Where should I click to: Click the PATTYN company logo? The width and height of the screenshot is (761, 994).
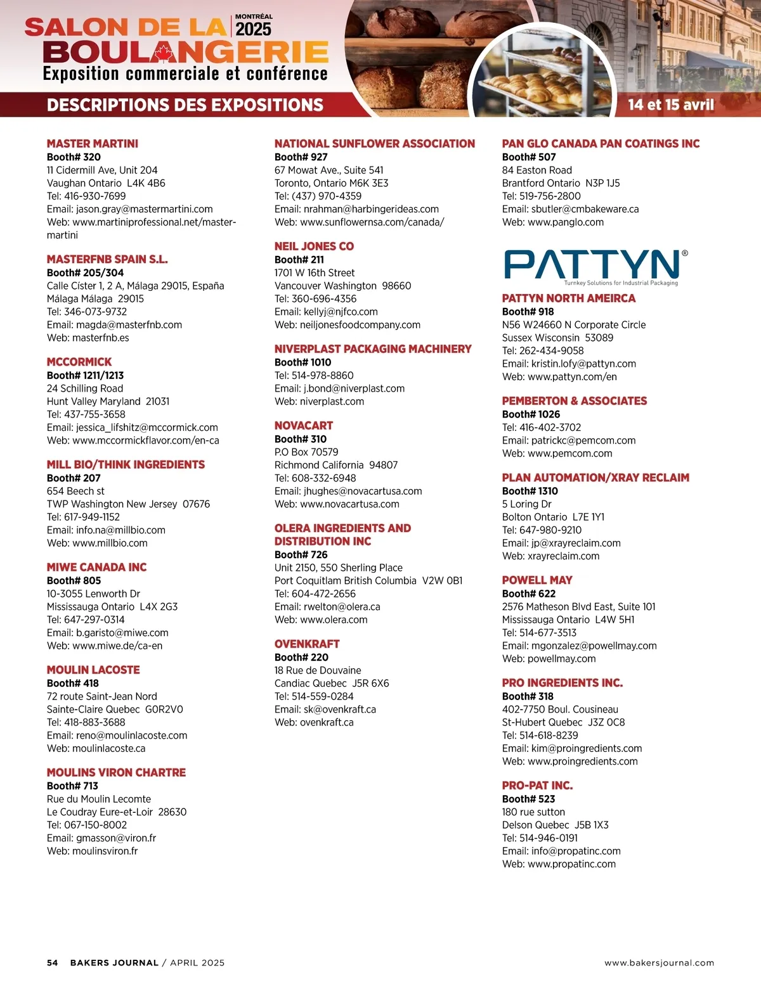click(x=595, y=266)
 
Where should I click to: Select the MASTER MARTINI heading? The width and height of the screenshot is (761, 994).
click(x=93, y=144)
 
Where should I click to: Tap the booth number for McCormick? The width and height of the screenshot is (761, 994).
click(x=85, y=375)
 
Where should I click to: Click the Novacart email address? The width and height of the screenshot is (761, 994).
click(x=348, y=491)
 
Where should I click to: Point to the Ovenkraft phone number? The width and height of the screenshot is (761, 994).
click(x=314, y=696)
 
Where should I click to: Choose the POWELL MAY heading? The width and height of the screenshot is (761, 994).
click(x=537, y=580)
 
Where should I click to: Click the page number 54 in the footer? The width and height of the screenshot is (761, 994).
click(x=52, y=963)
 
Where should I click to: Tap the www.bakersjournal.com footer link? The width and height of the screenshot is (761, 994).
click(x=659, y=963)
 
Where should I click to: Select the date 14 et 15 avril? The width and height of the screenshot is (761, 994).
click(x=671, y=105)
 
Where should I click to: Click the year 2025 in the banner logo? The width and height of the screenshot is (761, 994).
click(x=253, y=29)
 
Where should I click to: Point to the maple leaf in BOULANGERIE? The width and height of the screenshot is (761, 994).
click(x=164, y=53)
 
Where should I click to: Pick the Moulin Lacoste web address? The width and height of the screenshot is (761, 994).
click(x=96, y=748)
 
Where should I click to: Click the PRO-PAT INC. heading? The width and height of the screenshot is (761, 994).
click(x=537, y=786)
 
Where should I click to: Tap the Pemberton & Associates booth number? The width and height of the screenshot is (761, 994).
click(x=531, y=414)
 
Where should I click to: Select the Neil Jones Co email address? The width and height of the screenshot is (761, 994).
click(x=326, y=312)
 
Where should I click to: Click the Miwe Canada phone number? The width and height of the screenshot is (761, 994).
click(x=86, y=620)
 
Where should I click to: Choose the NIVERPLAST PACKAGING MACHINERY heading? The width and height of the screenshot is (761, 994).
click(x=373, y=349)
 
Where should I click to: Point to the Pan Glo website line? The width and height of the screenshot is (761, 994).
click(x=552, y=222)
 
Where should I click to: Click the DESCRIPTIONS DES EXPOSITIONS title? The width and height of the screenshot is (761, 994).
click(x=185, y=105)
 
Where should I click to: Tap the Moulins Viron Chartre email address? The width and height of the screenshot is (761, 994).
click(x=101, y=838)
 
